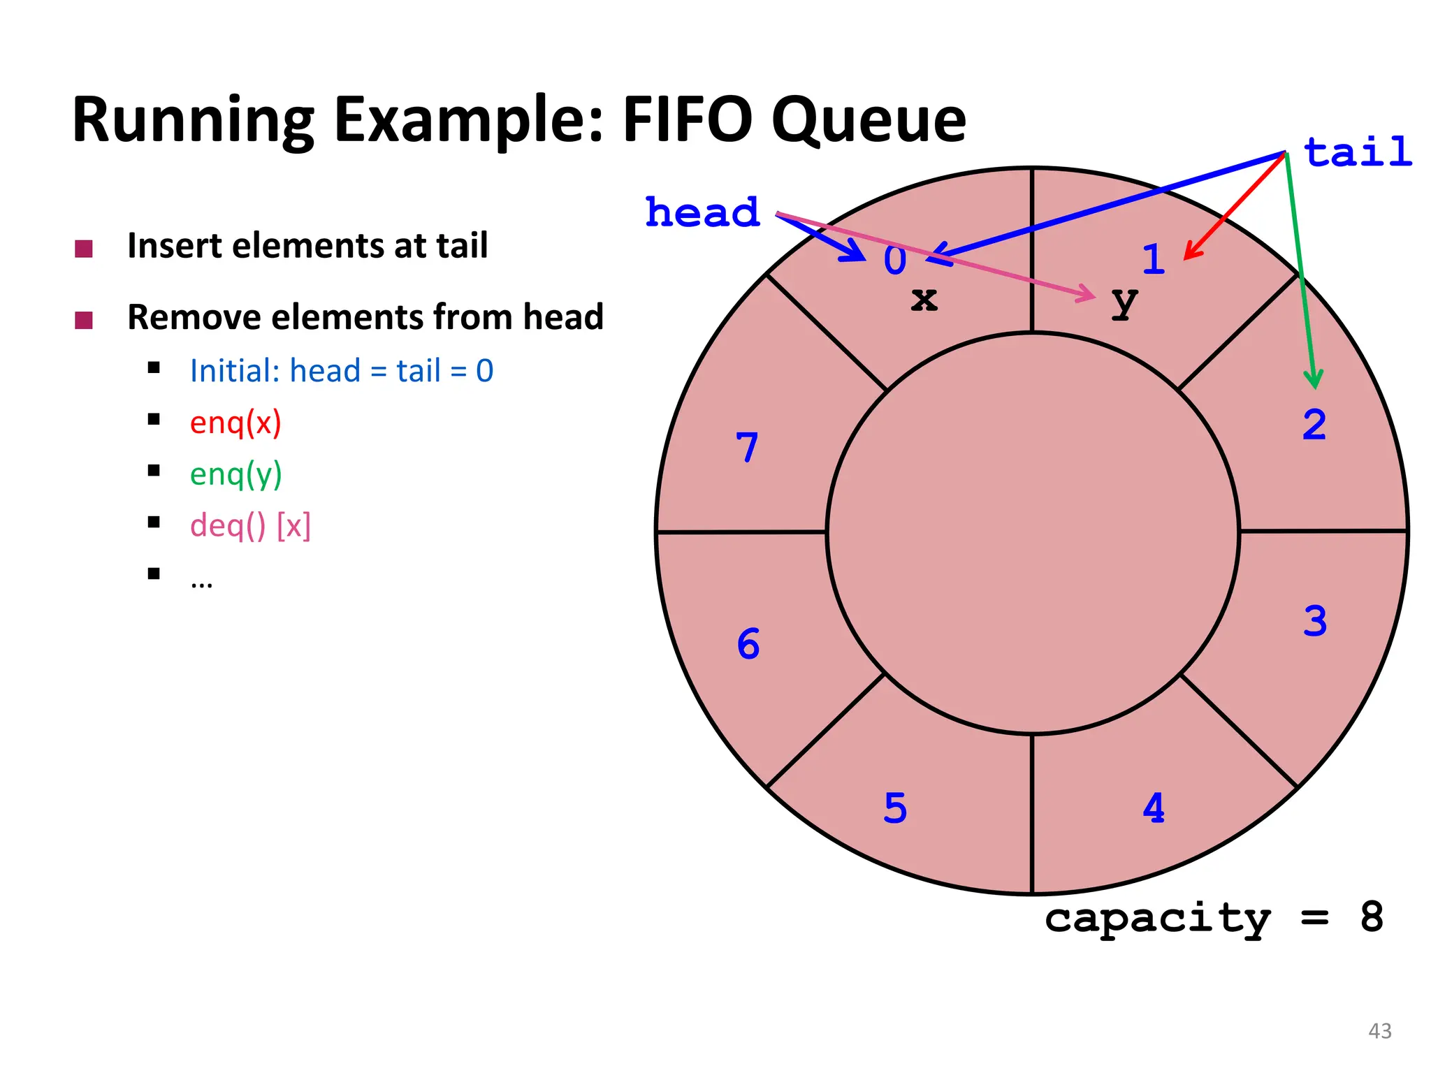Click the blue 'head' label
click(x=702, y=212)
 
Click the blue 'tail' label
click(x=1358, y=152)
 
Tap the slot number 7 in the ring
click(x=747, y=447)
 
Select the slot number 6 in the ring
click(x=748, y=643)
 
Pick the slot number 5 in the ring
click(x=895, y=808)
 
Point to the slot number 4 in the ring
click(x=1154, y=808)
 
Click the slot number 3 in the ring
click(x=1314, y=621)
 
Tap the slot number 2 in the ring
click(x=1314, y=425)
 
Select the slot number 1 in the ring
click(x=1154, y=259)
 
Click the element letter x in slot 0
click(x=924, y=300)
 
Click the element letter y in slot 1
click(x=1124, y=302)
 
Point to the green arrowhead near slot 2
click(x=1314, y=381)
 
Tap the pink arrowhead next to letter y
click(x=1089, y=294)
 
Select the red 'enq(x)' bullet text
click(x=235, y=423)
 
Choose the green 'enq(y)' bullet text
click(x=235, y=474)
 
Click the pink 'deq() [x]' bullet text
click(x=250, y=525)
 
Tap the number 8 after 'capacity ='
click(x=1371, y=917)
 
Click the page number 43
click(x=1379, y=1030)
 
